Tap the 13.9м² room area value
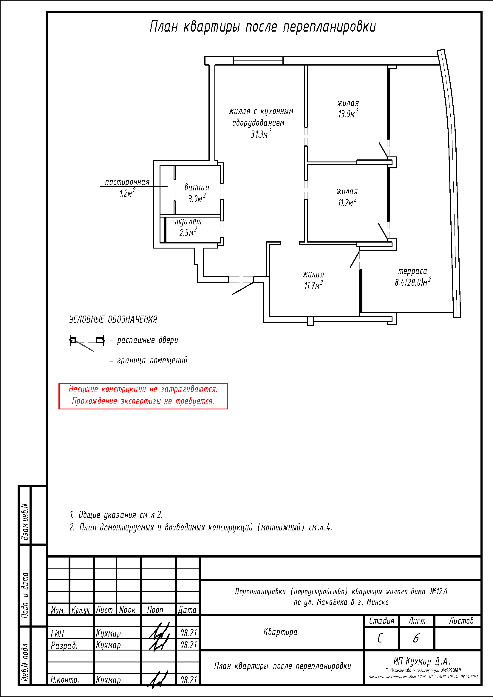coord(348,114)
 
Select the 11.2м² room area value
coord(347,202)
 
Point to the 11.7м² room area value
coord(313,286)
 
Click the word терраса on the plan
coord(412,271)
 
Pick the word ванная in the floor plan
coord(197,188)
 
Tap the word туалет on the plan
coord(188,222)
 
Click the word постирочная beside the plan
coord(127,182)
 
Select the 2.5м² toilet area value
coord(188,233)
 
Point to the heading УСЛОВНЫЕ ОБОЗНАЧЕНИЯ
coord(113,319)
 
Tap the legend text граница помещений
coord(152,360)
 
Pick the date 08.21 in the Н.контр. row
coord(188,680)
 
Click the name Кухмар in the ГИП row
coord(108,633)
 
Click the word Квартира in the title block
coord(280,632)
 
